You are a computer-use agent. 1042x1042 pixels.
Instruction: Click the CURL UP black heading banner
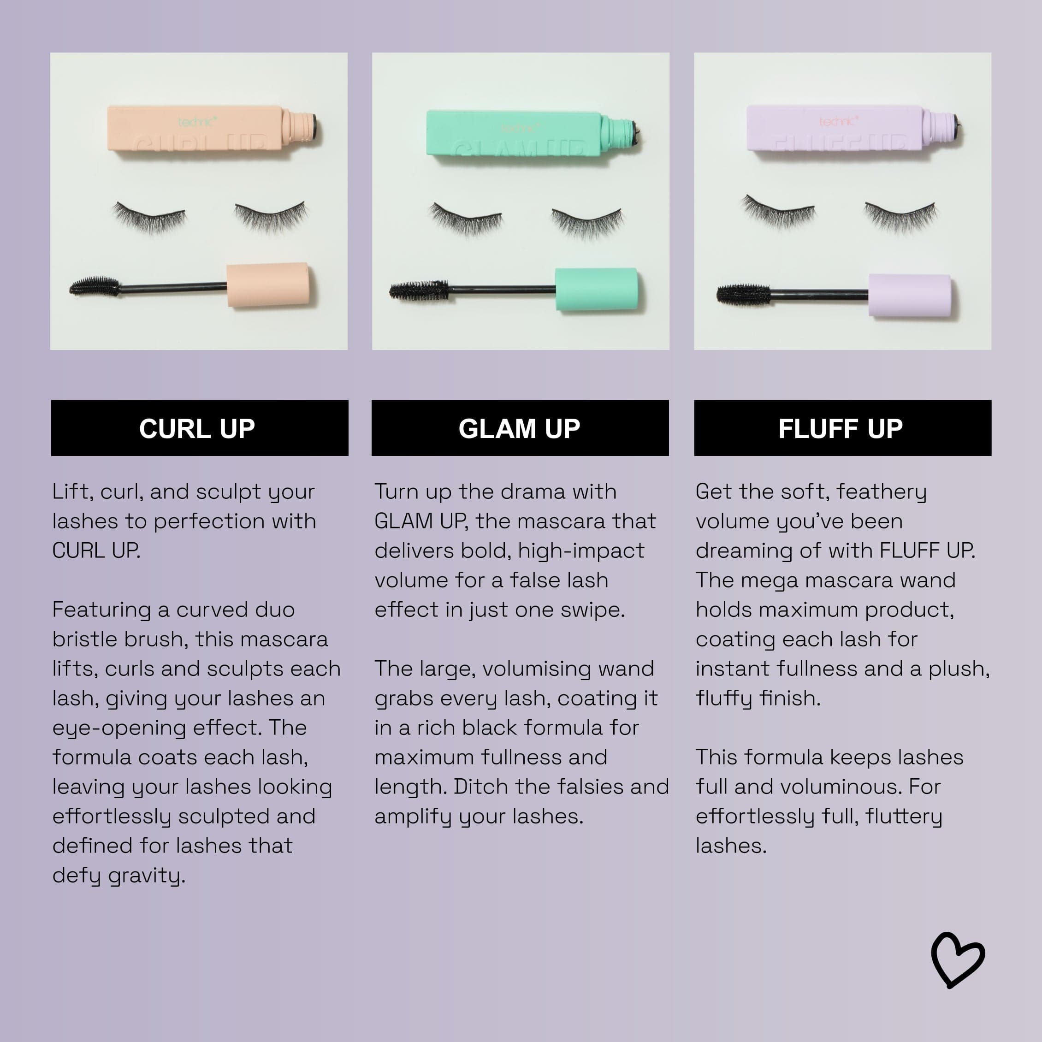pos(200,428)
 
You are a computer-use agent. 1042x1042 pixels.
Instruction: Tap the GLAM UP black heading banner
pos(520,428)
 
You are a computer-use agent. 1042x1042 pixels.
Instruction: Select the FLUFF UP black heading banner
pos(842,428)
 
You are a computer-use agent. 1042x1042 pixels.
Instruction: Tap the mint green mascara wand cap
pos(597,290)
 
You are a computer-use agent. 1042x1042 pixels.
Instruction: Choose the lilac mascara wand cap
pos(910,296)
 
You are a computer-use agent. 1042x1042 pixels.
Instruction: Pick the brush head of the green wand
pos(419,291)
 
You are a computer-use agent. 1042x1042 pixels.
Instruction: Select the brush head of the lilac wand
pos(743,295)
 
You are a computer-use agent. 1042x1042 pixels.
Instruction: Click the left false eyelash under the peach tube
pos(150,217)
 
